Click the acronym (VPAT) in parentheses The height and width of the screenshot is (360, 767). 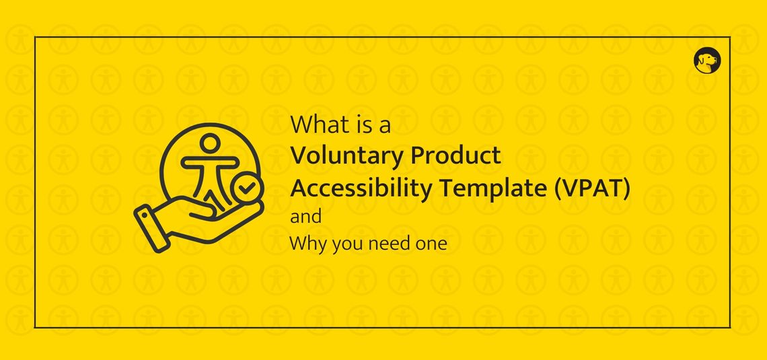[x=592, y=189]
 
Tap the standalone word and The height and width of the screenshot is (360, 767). [x=305, y=217]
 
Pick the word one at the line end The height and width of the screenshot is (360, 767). [x=430, y=244]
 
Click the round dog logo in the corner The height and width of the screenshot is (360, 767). [x=706, y=61]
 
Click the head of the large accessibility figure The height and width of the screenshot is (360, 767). [x=211, y=143]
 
